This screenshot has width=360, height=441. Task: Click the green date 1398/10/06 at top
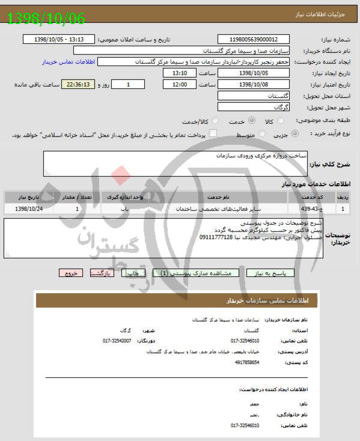click(46, 18)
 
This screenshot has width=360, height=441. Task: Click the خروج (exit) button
click(70, 273)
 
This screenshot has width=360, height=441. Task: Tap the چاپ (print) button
click(134, 273)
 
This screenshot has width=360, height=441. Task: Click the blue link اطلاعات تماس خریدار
click(66, 62)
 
